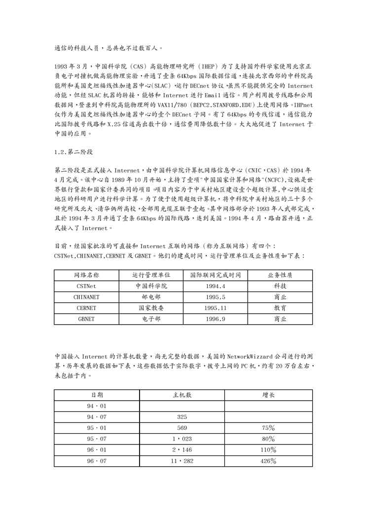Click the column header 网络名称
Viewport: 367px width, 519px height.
coord(86,275)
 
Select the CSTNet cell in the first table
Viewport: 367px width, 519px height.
coord(86,286)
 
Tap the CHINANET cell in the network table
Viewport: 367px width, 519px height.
coord(86,297)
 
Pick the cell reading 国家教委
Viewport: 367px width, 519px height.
coord(151,308)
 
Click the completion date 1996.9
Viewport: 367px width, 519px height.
coord(215,319)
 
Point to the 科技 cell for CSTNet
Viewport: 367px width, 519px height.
coord(280,286)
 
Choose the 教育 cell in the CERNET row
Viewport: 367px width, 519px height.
coord(280,308)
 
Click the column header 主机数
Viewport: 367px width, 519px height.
coord(182,395)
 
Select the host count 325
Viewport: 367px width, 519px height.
coord(182,417)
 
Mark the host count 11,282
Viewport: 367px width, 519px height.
coord(182,460)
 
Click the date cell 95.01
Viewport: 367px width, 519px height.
coord(97,428)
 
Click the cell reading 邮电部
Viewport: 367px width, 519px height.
coord(151,297)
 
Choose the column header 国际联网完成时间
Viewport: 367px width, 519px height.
coord(215,275)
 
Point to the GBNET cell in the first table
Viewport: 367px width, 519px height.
coord(86,319)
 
